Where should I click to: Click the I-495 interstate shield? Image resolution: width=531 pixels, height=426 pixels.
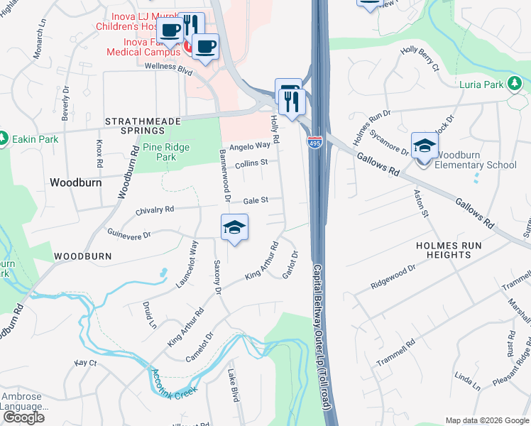pyautogui.click(x=314, y=142)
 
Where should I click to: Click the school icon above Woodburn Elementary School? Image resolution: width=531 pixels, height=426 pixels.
pyautogui.click(x=425, y=146)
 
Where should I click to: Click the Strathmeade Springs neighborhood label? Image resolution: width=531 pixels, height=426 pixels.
pyautogui.click(x=135, y=126)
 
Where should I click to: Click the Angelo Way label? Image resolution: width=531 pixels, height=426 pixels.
pyautogui.click(x=254, y=145)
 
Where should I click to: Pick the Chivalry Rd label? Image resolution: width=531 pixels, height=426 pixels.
pyautogui.click(x=155, y=210)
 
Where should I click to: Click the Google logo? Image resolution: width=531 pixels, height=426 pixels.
pyautogui.click(x=23, y=417)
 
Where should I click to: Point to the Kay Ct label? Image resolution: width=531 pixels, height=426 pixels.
pyautogui.click(x=85, y=363)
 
